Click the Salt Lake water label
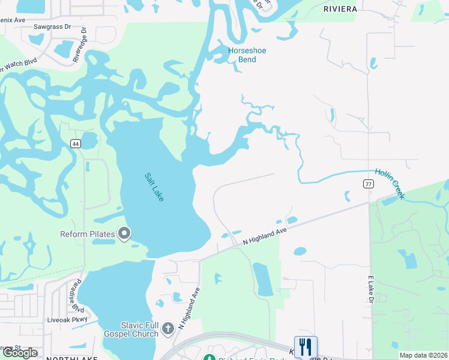(154, 187)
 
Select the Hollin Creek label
(390, 183)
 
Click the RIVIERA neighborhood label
(340, 9)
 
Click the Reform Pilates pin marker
(125, 233)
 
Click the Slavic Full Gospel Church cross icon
(168, 328)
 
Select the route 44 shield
(75, 143)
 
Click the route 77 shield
(369, 185)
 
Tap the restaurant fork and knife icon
(306, 347)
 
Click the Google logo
(20, 353)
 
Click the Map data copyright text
(423, 355)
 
